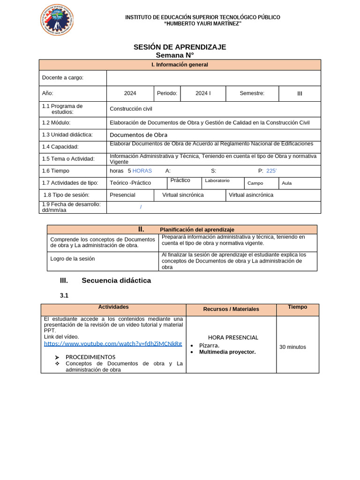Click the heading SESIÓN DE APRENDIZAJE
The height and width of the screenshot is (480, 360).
pyautogui.click(x=180, y=47)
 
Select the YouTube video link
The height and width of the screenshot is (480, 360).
pyautogui.click(x=113, y=344)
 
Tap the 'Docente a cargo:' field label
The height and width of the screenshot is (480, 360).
pyautogui.click(x=63, y=78)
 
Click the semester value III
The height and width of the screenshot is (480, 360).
pyautogui.click(x=300, y=94)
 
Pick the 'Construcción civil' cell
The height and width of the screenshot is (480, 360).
pyautogui.click(x=131, y=109)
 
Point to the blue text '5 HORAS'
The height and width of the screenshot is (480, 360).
pyautogui.click(x=140, y=171)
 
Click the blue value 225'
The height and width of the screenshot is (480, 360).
pyautogui.click(x=271, y=171)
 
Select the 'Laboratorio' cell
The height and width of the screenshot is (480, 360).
pyautogui.click(x=217, y=180)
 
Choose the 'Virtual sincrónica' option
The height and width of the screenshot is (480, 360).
pyautogui.click(x=183, y=195)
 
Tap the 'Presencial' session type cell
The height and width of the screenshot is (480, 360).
pyautogui.click(x=122, y=195)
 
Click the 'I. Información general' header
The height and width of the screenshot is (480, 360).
pyautogui.click(x=180, y=65)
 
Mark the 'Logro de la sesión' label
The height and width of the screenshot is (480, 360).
pyautogui.click(x=73, y=259)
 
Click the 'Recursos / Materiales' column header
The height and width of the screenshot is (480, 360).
pyautogui.click(x=231, y=309)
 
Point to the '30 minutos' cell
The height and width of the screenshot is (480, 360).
pyautogui.click(x=292, y=347)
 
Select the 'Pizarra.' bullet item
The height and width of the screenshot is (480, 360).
pyautogui.click(x=209, y=345)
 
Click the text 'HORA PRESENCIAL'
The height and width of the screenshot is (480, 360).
pyautogui.click(x=233, y=337)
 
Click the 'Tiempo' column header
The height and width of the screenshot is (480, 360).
pyautogui.click(x=297, y=307)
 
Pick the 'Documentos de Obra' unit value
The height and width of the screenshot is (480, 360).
pyautogui.click(x=138, y=135)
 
